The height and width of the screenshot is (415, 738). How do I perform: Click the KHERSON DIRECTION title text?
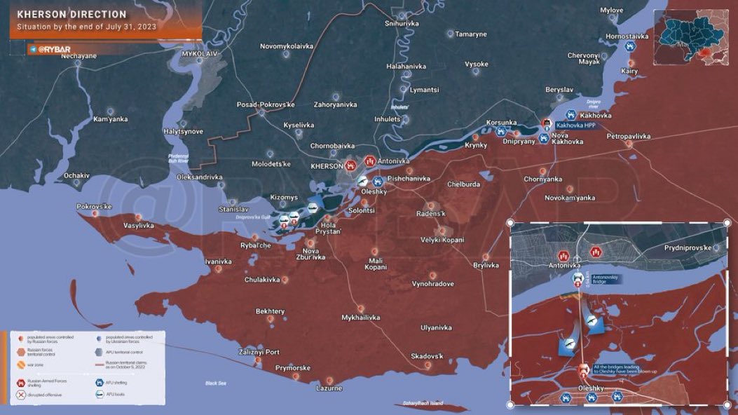tap(72, 14)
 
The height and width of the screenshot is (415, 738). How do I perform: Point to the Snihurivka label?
tap(402, 23)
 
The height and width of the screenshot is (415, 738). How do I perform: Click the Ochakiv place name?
tap(76, 175)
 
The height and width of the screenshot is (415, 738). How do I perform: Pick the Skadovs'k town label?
tap(428, 356)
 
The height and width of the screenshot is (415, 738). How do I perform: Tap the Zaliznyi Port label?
tap(259, 352)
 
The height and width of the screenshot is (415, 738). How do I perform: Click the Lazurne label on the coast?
tap(329, 388)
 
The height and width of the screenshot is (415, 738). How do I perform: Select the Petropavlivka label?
tap(629, 135)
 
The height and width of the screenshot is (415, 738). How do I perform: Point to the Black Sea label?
tap(216, 383)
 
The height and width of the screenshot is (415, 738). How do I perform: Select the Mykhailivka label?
tap(360, 318)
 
